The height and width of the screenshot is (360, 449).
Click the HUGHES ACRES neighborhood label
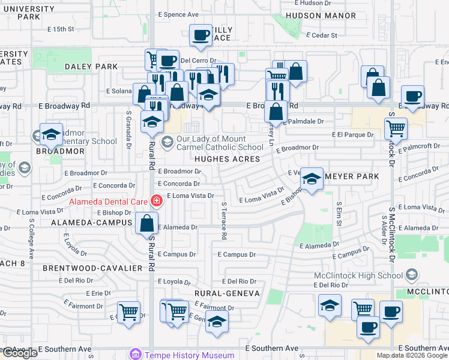(227, 159)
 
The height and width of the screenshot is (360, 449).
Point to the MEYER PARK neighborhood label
(352, 176)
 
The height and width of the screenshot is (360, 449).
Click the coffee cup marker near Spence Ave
(200, 35)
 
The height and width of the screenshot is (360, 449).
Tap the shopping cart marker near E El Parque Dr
(396, 127)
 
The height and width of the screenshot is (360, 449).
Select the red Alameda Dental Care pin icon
(156, 200)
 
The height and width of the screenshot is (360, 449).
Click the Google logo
(19, 353)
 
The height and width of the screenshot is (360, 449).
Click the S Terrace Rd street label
(223, 221)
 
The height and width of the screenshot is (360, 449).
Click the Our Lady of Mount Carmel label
(221, 142)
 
